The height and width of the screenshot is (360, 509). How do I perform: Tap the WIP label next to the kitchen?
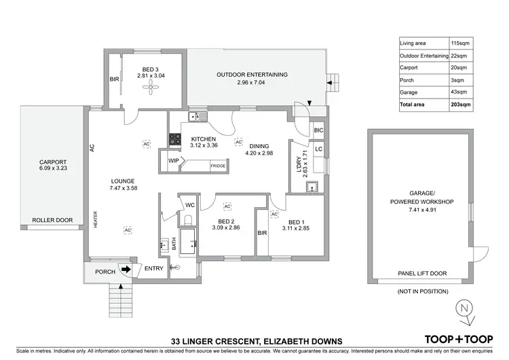[174, 161]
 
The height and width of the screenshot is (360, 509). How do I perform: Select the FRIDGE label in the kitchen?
[217, 166]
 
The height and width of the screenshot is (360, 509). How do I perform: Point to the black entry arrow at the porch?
[126, 270]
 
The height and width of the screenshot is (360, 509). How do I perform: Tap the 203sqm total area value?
[461, 105]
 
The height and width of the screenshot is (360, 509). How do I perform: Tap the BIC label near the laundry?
[318, 130]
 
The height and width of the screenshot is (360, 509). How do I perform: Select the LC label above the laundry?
[318, 147]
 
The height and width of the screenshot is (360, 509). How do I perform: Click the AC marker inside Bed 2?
[228, 206]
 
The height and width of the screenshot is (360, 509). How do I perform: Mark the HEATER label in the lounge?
[96, 217]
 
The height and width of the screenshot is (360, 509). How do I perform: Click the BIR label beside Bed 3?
[113, 79]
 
